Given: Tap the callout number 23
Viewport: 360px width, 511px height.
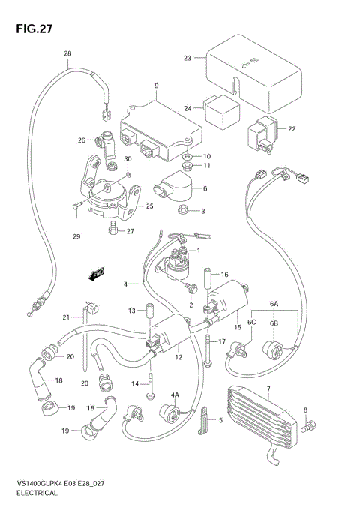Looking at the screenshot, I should [187, 58].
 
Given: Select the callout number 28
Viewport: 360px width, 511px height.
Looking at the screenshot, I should [67, 53].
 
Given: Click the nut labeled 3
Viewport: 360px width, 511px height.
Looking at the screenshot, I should [186, 211].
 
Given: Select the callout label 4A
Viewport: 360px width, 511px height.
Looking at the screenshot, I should [174, 395].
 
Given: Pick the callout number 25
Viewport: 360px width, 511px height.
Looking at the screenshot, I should [150, 206].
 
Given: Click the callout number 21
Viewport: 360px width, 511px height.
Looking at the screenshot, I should [66, 317].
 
